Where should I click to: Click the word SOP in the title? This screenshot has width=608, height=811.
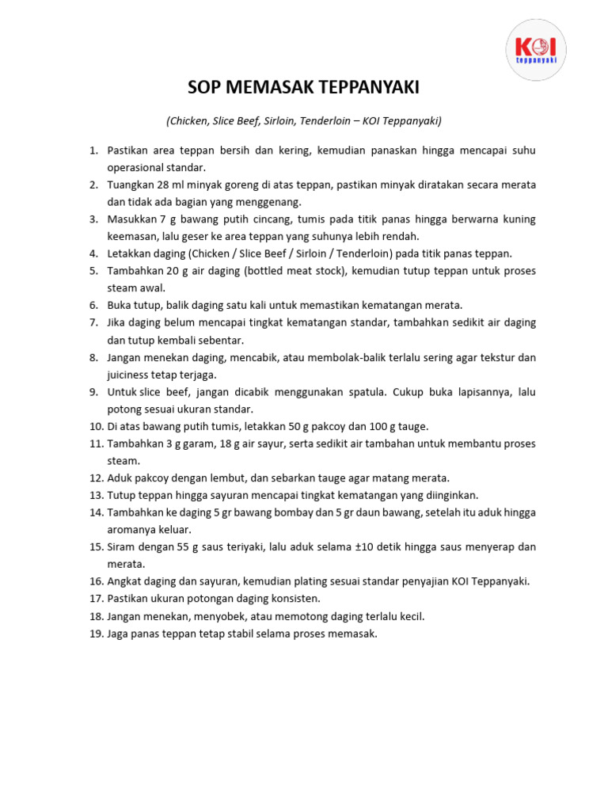coord(203,87)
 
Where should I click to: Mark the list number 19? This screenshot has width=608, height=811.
coord(97,634)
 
